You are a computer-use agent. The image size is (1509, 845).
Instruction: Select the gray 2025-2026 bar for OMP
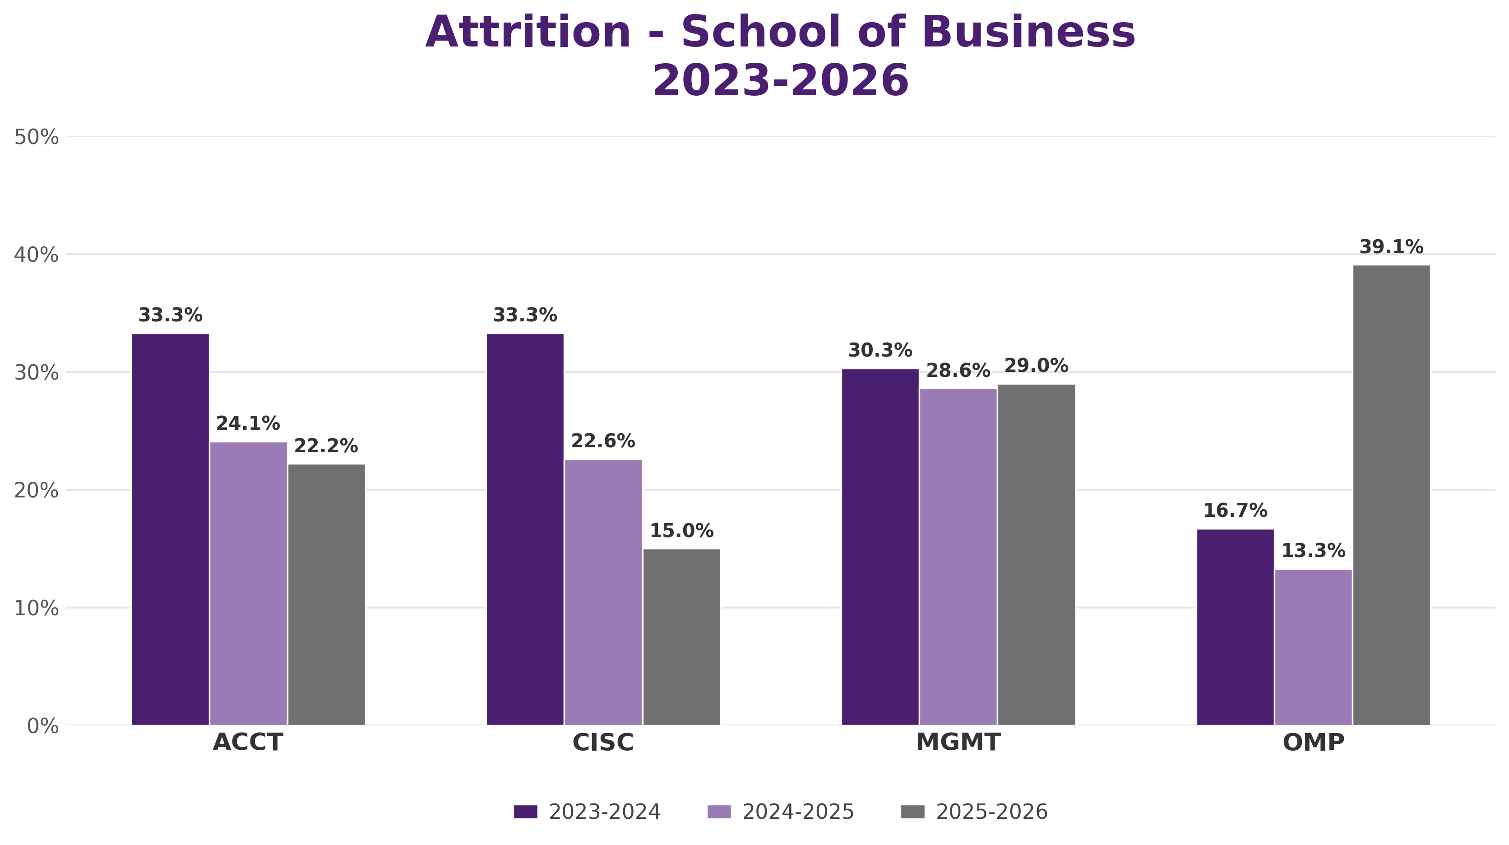[x=1391, y=495]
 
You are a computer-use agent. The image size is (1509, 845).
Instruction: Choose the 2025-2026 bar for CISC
[x=682, y=637]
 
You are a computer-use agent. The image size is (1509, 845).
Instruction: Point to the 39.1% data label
[x=1391, y=247]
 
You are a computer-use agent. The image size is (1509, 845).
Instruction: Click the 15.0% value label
[x=682, y=531]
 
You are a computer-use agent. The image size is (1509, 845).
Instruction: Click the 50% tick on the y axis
[x=36, y=137]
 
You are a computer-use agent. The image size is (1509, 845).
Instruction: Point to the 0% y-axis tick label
[x=43, y=726]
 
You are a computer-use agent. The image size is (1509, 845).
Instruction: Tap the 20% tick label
[x=36, y=491]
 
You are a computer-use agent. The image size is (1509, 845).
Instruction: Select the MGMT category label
[x=958, y=743]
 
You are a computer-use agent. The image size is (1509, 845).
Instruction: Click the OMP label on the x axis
[x=1313, y=743]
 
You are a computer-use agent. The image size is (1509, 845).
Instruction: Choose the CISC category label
[x=603, y=743]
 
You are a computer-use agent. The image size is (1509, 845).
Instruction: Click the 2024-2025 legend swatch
[x=719, y=812]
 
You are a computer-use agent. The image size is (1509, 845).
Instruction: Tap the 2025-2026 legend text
[x=992, y=812]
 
